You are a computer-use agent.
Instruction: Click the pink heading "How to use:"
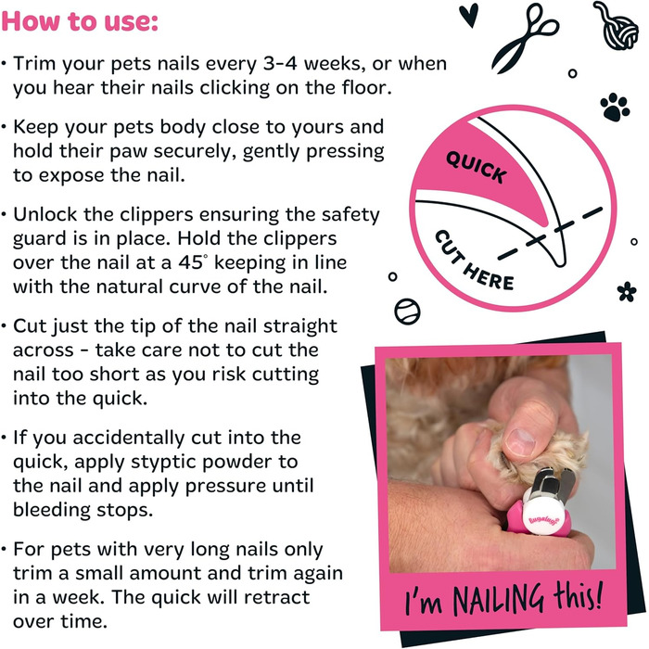80,20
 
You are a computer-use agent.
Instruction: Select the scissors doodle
525,38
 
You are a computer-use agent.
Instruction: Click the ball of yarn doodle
616,26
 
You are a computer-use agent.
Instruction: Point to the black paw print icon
615,108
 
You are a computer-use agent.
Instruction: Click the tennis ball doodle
407,312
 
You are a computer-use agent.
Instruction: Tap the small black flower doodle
627,291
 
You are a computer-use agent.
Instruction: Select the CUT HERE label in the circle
474,261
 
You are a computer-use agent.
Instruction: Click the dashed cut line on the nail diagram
550,233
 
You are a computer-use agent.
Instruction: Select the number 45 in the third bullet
191,262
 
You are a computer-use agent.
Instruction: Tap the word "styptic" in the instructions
159,463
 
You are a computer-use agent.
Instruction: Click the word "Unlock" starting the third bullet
45,214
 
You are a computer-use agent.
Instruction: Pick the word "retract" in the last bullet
276,597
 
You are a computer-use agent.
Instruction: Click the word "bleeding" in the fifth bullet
51,510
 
